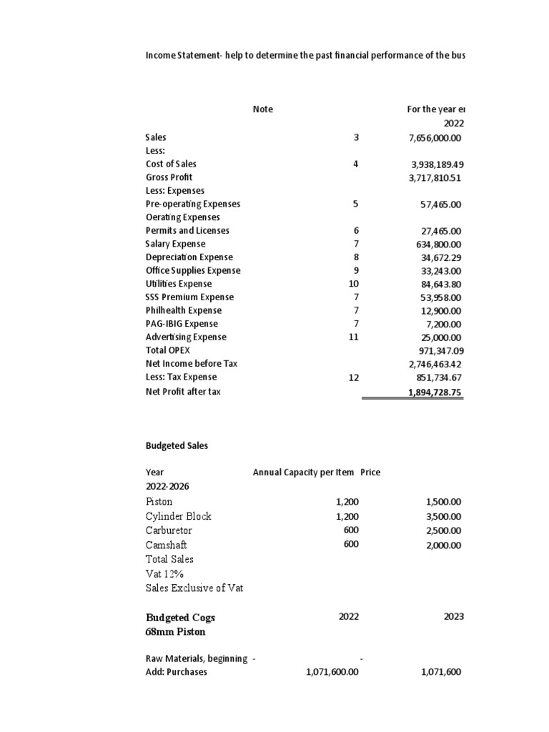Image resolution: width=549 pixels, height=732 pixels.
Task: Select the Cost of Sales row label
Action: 171,164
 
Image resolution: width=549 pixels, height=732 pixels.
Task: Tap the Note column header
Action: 262,109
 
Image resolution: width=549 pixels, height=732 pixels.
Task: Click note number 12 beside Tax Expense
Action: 353,377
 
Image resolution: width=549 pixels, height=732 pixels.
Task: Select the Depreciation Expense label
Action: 189,257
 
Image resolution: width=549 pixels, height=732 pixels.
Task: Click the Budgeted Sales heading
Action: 177,445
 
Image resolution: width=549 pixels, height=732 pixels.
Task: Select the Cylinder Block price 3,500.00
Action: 443,517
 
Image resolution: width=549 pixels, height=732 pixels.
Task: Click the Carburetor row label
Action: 169,531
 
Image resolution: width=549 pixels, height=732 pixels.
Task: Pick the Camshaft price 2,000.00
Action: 443,545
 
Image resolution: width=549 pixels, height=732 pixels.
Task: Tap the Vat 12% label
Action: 166,573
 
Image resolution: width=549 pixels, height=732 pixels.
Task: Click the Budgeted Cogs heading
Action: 180,618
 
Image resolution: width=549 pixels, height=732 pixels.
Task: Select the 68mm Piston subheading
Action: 176,633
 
